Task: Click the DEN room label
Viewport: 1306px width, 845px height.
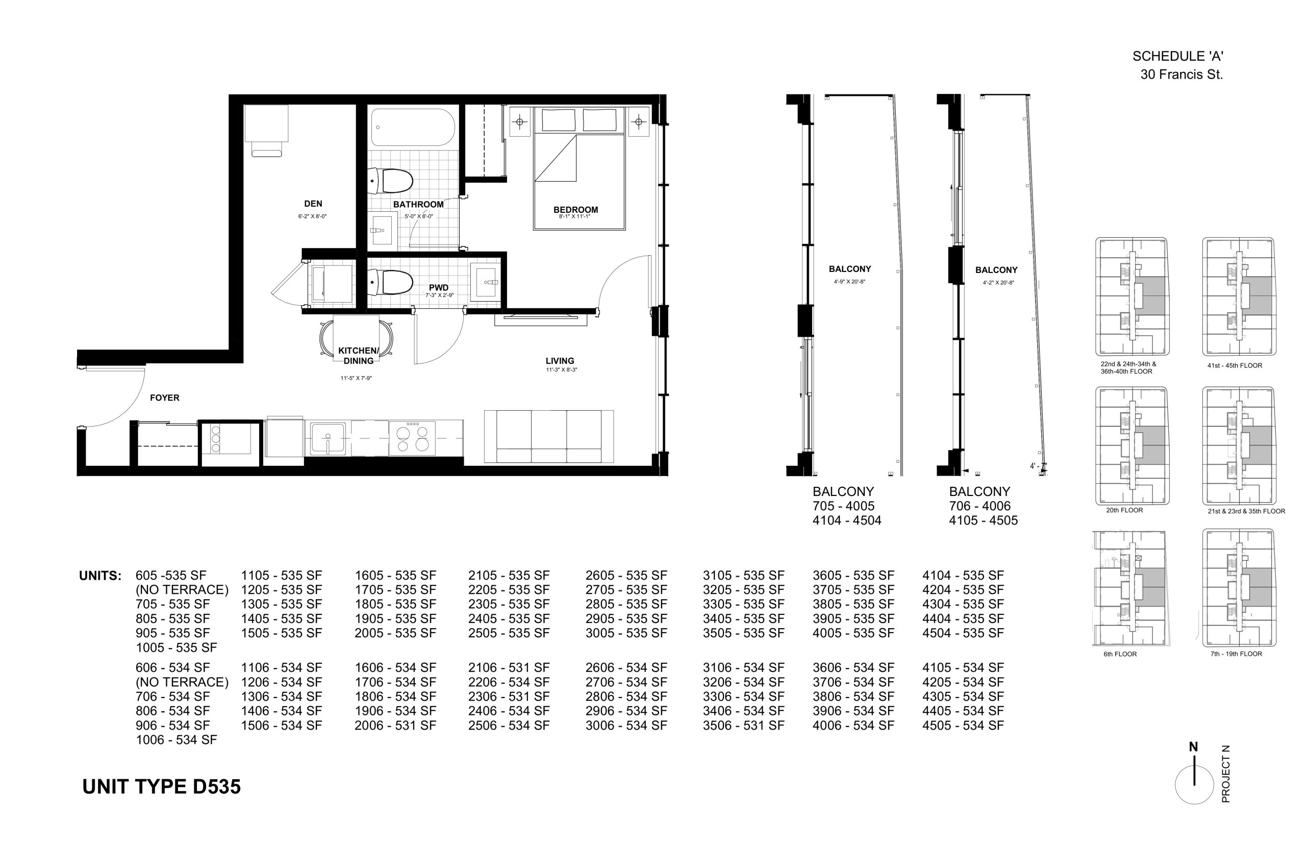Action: point(313,204)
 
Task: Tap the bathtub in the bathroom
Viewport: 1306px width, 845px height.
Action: point(413,127)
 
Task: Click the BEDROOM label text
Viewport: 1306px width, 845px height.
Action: point(575,210)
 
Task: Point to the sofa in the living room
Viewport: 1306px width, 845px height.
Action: point(548,437)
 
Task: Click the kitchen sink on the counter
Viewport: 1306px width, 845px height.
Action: point(328,438)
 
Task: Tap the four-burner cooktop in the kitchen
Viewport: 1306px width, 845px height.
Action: point(412,438)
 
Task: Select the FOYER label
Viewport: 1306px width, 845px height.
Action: point(165,398)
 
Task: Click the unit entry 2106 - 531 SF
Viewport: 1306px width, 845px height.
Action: point(509,668)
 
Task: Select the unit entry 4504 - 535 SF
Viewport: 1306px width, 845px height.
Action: point(963,633)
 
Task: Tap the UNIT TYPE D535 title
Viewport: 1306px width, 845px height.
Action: point(161,787)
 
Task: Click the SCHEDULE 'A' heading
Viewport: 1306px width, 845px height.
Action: point(1177,57)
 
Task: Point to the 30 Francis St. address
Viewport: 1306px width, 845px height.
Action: point(1182,74)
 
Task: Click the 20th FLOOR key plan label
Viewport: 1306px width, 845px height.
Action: point(1124,510)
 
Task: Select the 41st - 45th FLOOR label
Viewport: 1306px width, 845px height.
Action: point(1234,365)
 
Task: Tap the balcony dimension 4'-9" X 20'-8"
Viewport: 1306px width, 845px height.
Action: point(849,282)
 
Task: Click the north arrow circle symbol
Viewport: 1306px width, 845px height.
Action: point(1194,785)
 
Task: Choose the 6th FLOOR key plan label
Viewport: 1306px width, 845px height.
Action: point(1120,654)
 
